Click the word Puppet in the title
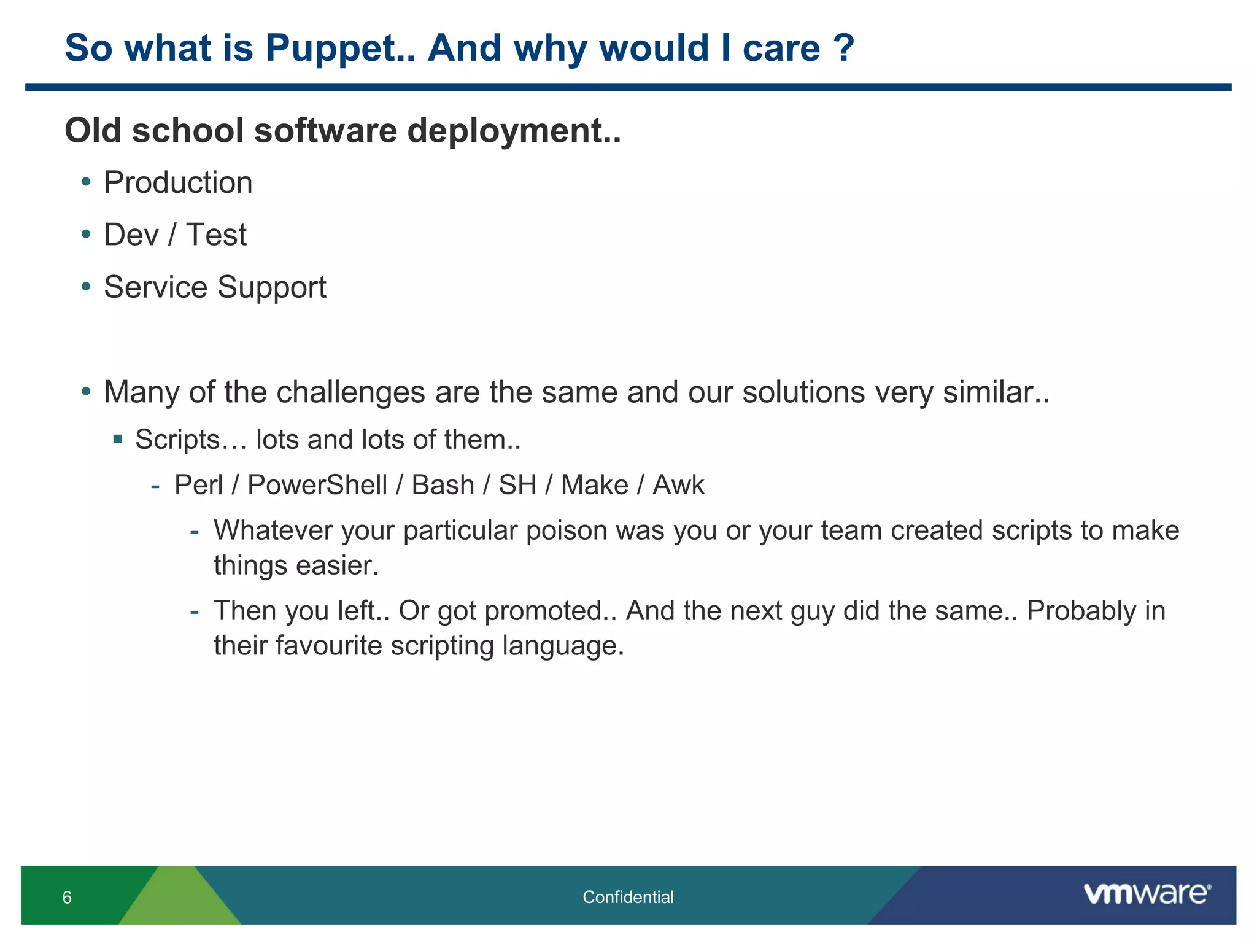point(339,49)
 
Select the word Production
point(178,183)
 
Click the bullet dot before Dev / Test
point(86,234)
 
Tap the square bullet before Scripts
point(118,439)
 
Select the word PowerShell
point(317,485)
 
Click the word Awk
point(678,485)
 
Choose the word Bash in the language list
point(443,485)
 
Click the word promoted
point(550,611)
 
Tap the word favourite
point(328,646)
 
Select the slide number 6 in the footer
point(67,898)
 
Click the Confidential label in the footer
point(628,898)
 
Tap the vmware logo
point(1147,894)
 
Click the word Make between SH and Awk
point(594,485)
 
